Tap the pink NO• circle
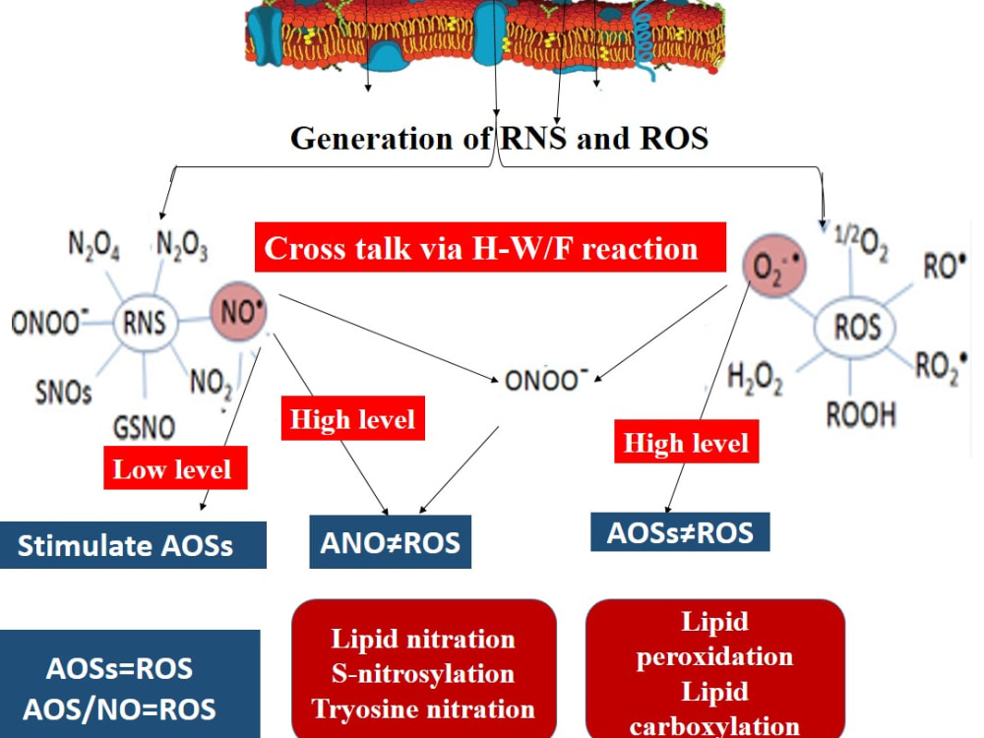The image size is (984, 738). pyautogui.click(x=238, y=311)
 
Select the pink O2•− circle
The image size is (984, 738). pyautogui.click(x=774, y=266)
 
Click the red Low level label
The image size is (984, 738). pyautogui.click(x=175, y=468)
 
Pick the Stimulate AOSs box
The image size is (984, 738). pyautogui.click(x=133, y=545)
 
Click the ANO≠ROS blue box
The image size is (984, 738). pyautogui.click(x=391, y=542)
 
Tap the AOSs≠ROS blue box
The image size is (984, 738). pyautogui.click(x=680, y=532)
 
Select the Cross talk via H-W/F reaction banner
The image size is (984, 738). pyautogui.click(x=490, y=247)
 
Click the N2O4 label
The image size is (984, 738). pyautogui.click(x=94, y=245)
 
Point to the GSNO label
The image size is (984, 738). pyautogui.click(x=144, y=428)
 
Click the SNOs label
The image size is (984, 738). pyautogui.click(x=63, y=393)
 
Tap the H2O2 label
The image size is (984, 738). pyautogui.click(x=755, y=379)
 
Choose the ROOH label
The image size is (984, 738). pyautogui.click(x=860, y=415)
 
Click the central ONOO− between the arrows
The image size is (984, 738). pyautogui.click(x=546, y=380)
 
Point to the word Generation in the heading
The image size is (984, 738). pyautogui.click(x=372, y=138)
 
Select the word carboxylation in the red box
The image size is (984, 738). pyautogui.click(x=714, y=726)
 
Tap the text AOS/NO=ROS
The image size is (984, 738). pyautogui.click(x=119, y=709)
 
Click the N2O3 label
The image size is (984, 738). pyautogui.click(x=182, y=245)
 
